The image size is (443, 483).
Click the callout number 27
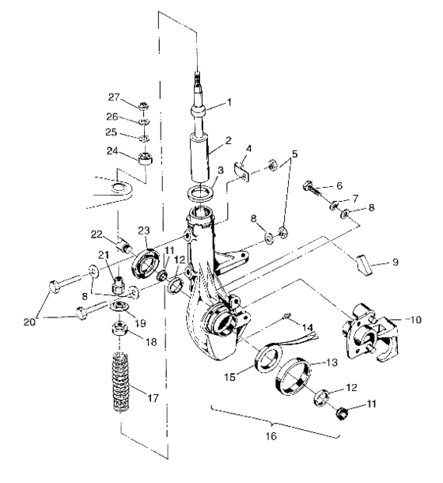[115, 97]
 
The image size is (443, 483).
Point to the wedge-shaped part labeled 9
[363, 263]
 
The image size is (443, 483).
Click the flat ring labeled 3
[204, 194]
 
